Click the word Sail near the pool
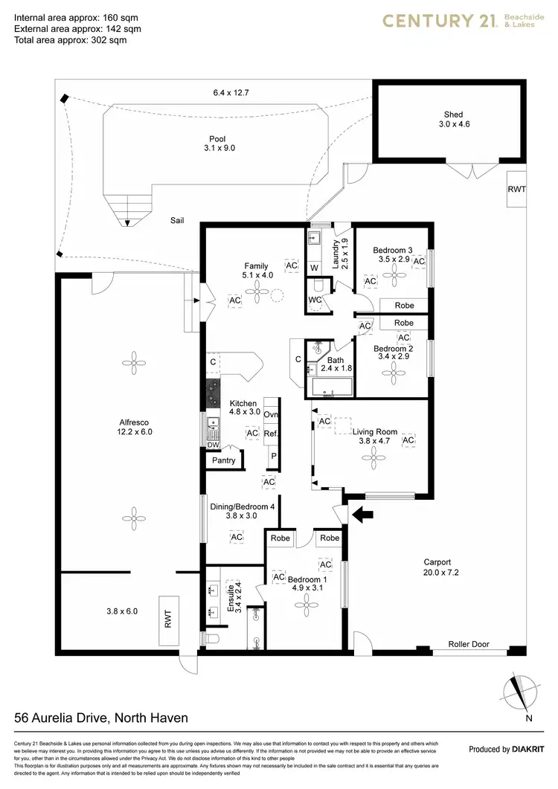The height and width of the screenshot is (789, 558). coord(176,220)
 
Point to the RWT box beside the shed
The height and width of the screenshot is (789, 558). coord(516,190)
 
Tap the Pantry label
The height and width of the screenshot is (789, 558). coord(223,460)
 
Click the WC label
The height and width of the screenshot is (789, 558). coord(315,299)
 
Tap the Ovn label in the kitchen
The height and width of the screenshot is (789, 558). coord(272,415)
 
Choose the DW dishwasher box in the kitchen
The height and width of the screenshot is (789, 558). coord(213,445)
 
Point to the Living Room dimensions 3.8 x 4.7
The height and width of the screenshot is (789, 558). coord(375,442)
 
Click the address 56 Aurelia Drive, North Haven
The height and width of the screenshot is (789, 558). coord(101,718)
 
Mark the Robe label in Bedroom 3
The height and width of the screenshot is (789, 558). coord(404,306)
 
